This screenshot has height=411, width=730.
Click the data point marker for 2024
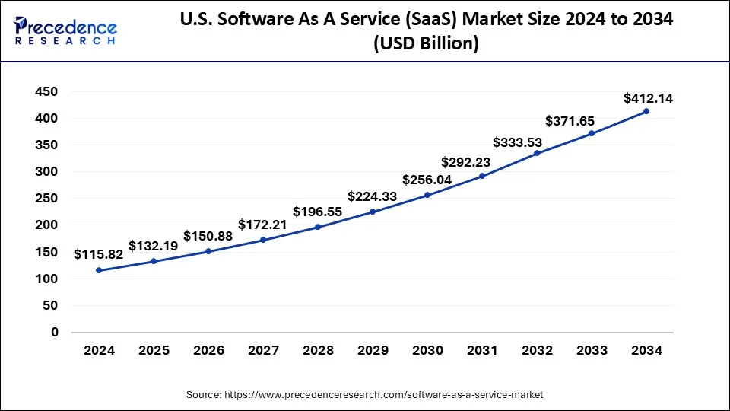click(x=99, y=270)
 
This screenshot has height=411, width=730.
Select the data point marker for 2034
click(x=646, y=111)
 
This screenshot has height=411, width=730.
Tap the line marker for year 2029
click(x=373, y=212)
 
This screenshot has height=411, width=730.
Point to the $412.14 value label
click(x=648, y=98)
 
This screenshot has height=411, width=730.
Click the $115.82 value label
click(x=98, y=255)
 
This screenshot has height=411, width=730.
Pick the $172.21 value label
click(x=263, y=225)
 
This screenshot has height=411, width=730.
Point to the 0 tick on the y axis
click(x=54, y=332)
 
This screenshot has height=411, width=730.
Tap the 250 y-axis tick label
click(x=47, y=199)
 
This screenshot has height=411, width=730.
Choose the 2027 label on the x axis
click(x=263, y=350)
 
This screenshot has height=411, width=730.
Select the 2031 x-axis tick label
click(x=482, y=350)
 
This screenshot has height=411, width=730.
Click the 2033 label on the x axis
click(x=592, y=350)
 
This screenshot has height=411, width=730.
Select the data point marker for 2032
click(x=537, y=153)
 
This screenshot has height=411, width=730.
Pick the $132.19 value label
click(x=154, y=246)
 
